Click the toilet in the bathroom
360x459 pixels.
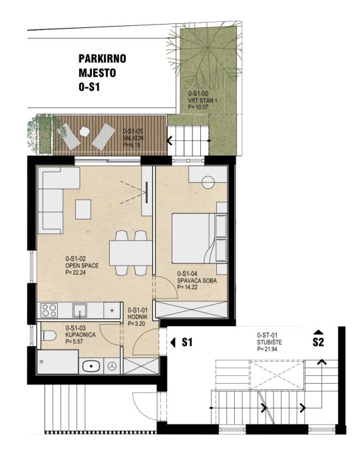49,335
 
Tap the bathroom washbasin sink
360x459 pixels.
91,366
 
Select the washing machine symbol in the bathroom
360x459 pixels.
112,366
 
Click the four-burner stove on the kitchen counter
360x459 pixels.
49,311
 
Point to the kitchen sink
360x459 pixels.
80,311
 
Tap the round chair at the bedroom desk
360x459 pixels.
208,182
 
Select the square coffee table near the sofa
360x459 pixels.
83,210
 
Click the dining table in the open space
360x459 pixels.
130,253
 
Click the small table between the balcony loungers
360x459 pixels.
85,132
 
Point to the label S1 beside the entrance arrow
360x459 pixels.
187,342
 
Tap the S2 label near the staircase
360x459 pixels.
318,342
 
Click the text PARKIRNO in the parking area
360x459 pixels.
102,59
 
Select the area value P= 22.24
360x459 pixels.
76,273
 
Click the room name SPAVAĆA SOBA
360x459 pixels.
197,281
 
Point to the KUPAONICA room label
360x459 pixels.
81,335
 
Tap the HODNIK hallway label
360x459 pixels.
138,317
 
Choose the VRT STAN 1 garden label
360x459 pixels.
203,100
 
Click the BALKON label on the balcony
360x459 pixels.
133,138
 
